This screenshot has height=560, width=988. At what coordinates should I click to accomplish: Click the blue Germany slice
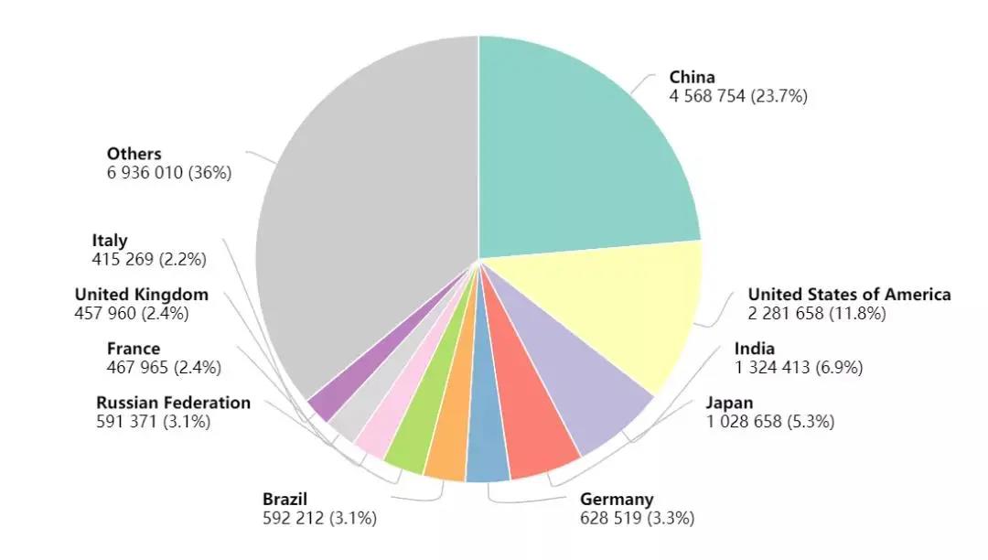click(488, 448)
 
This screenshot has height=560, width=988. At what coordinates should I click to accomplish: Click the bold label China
click(692, 78)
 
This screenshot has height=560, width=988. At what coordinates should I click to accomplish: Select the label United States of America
click(849, 295)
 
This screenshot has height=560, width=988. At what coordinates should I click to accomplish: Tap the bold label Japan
click(729, 404)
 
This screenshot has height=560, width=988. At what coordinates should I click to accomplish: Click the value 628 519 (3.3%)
click(637, 519)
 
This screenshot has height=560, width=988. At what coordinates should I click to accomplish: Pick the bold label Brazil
click(285, 500)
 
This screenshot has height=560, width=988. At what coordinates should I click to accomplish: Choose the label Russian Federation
click(173, 404)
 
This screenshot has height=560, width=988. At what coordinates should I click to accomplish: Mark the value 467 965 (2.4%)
click(164, 368)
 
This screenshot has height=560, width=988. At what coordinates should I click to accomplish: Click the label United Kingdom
click(141, 295)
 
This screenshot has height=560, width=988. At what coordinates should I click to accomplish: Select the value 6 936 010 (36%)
click(168, 173)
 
